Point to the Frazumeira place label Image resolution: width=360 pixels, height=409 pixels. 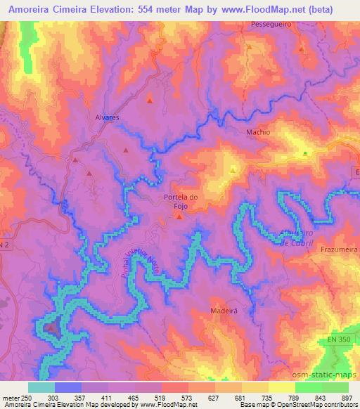tap(337, 249)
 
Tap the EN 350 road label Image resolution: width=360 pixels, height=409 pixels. tap(339, 339)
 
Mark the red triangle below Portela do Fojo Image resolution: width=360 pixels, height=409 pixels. tap(179, 216)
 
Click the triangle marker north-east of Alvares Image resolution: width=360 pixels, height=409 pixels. tap(149, 100)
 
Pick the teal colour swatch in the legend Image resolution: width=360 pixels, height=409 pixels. tap(41, 387)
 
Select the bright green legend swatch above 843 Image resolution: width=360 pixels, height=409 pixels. tap(309, 387)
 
